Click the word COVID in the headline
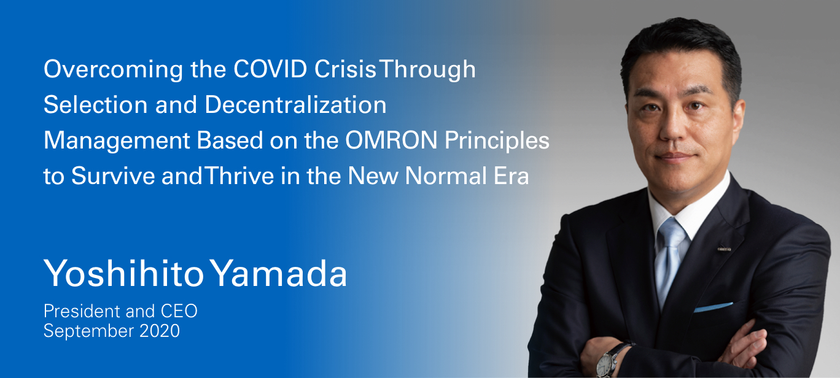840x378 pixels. pos(270,69)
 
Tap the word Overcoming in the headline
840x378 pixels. pos(113,70)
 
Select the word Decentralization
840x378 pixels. pos(295,104)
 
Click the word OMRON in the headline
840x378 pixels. pos(391,141)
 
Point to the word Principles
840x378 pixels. pos(497,141)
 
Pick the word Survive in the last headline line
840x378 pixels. pos(113,175)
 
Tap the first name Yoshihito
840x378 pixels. pos(124,273)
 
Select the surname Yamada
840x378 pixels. pos(278,273)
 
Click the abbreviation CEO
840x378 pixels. pos(179,311)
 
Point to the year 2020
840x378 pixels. pos(160,331)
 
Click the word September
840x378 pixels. pos(88,331)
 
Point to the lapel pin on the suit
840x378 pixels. pos(724,249)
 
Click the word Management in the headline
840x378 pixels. pos(117,141)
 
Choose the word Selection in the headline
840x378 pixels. pos(96,104)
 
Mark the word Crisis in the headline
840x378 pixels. pos(345,69)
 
